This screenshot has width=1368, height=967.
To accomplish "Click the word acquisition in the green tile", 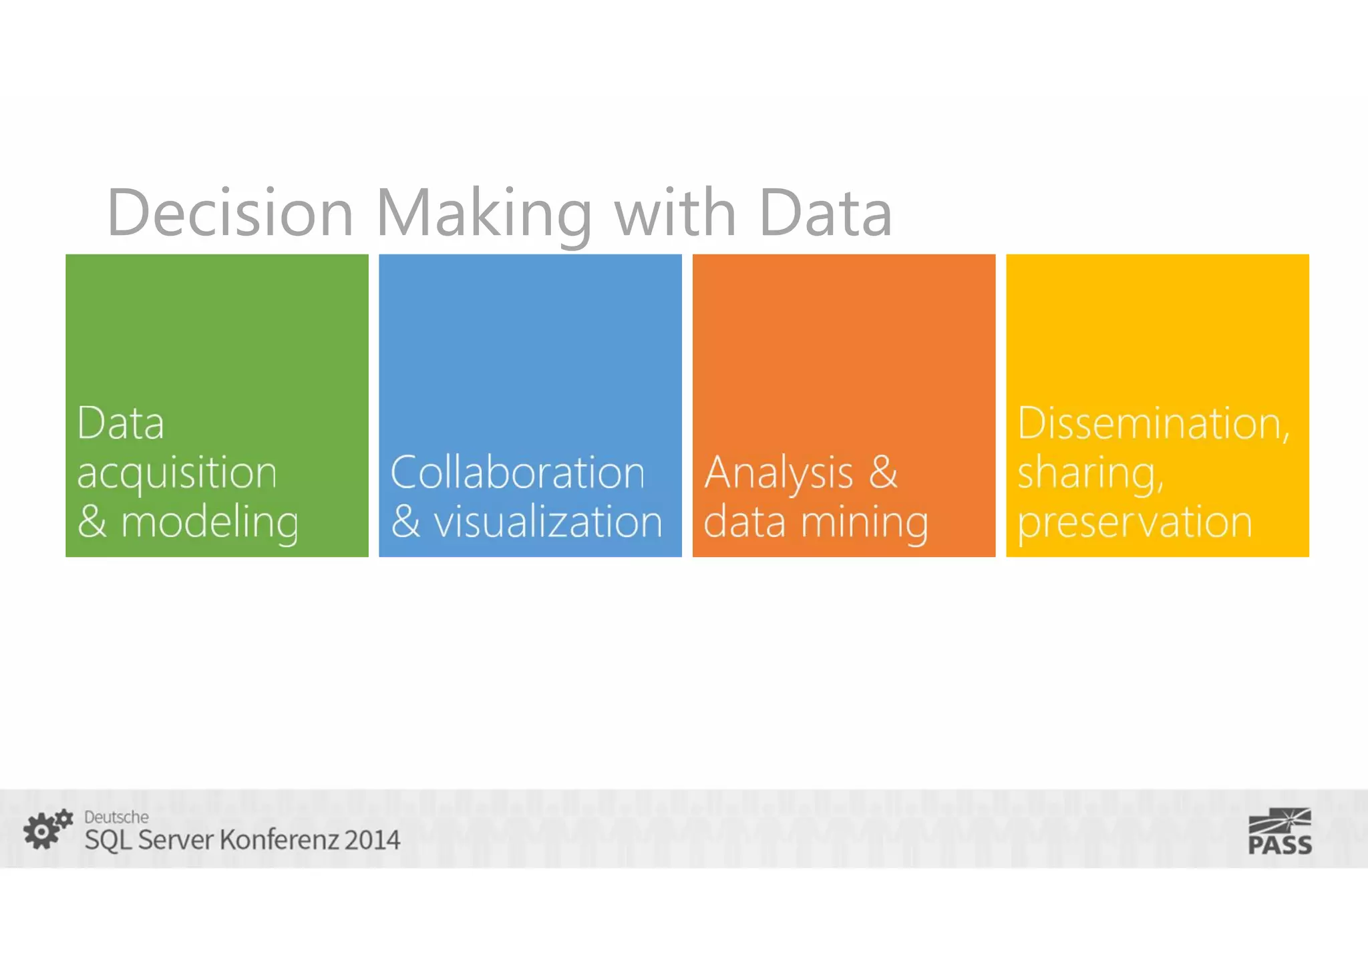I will click(x=177, y=474).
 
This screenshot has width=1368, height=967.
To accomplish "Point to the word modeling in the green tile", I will click(x=210, y=523).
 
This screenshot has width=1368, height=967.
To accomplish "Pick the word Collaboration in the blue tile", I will click(x=518, y=473).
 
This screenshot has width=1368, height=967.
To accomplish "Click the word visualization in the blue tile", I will click(x=548, y=522).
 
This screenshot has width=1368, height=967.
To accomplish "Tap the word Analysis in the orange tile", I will click(x=779, y=474).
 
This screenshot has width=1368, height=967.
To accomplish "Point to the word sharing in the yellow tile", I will click(x=1090, y=474).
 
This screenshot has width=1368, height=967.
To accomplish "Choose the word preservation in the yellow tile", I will click(x=1134, y=523).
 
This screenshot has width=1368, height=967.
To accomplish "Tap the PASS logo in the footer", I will click(x=1280, y=831).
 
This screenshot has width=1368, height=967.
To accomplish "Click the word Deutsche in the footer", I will click(x=116, y=817).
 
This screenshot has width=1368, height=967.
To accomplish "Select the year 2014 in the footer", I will click(x=372, y=840).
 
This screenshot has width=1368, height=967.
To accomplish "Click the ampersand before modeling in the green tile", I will click(x=92, y=522).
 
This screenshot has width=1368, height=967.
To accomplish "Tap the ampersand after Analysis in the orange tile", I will click(x=883, y=472).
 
